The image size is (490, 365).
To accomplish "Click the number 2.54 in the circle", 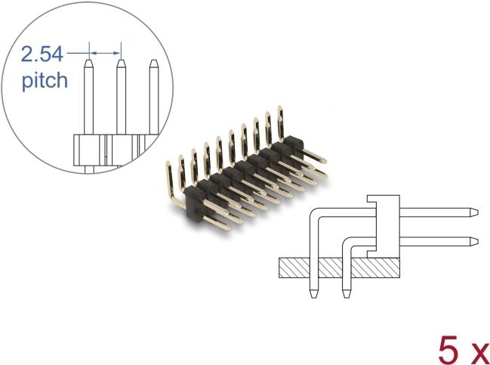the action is click(x=42, y=54).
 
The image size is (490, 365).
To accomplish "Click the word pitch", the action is click(x=45, y=81).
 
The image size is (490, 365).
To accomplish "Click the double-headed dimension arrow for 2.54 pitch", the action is click(x=105, y=53).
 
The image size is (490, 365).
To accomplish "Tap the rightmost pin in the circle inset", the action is click(x=154, y=97).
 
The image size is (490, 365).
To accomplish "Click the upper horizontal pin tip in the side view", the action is click(x=475, y=212).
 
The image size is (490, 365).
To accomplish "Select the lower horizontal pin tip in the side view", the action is click(x=475, y=242).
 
